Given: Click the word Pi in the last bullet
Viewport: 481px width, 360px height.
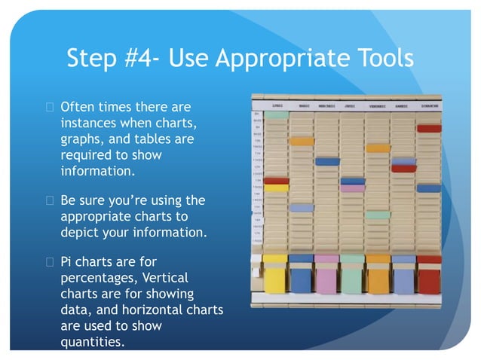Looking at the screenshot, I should click(x=66, y=264).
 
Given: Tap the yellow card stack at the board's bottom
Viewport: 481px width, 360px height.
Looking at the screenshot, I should click(x=275, y=275).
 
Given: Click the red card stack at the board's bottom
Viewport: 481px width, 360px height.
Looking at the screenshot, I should click(x=429, y=275).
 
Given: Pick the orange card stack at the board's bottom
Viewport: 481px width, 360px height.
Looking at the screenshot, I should click(x=378, y=275).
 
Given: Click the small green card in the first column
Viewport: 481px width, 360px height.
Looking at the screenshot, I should click(x=276, y=114).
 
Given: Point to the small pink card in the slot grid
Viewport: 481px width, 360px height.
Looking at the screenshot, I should click(x=352, y=188).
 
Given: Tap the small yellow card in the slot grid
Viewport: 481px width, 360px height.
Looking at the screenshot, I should click(x=276, y=188).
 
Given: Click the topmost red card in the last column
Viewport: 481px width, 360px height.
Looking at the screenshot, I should click(x=429, y=128).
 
